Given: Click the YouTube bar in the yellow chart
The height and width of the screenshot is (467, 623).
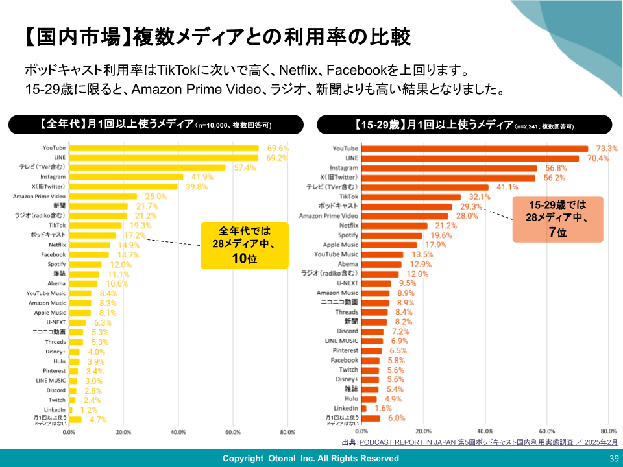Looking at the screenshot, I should pyautogui.click(x=164, y=149).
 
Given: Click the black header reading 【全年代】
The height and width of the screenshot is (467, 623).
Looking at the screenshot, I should pyautogui.click(x=155, y=125).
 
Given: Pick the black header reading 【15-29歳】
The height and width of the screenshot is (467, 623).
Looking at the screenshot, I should pyautogui.click(x=464, y=125).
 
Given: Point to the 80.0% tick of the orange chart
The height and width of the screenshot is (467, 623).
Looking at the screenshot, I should pyautogui.click(x=608, y=431).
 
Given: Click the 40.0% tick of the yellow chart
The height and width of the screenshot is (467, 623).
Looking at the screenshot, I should pyautogui.click(x=178, y=432).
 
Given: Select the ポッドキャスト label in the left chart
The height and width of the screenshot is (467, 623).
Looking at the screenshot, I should pyautogui.click(x=47, y=234).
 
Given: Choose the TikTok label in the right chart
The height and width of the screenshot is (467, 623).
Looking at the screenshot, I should pyautogui.click(x=348, y=196).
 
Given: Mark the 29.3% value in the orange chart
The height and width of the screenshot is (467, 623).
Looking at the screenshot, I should pyautogui.click(x=471, y=206).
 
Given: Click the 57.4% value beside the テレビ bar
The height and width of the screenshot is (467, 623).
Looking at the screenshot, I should pyautogui.click(x=245, y=167).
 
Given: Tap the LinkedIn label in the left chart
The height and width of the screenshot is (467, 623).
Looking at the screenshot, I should pyautogui.click(x=54, y=410).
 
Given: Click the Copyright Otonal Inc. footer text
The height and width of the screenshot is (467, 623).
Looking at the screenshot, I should pyautogui.click(x=311, y=459).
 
